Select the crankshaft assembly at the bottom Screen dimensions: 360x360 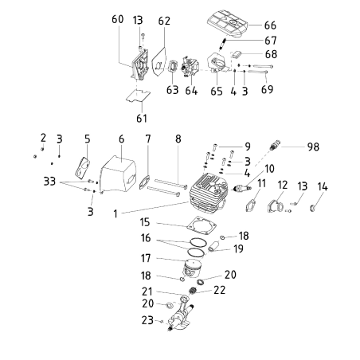[x=191, y=319]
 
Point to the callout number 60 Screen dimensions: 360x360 [x=119, y=19]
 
